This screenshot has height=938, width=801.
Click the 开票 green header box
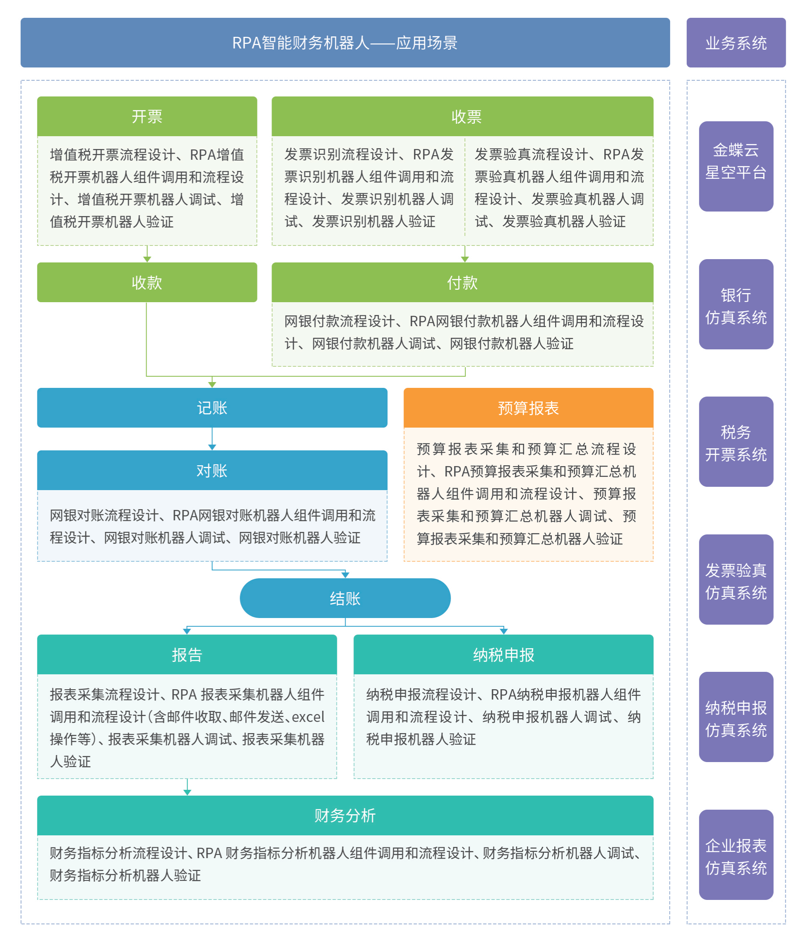(147, 116)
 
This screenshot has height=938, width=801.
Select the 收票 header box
(462, 116)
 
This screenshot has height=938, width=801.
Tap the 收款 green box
(147, 282)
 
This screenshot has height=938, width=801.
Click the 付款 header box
(462, 282)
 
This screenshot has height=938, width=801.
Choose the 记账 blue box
(212, 407)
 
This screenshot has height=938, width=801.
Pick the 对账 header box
(212, 470)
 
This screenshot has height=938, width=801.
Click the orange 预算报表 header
(528, 407)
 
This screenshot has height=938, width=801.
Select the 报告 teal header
(187, 654)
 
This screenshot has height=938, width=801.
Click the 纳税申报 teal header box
(503, 654)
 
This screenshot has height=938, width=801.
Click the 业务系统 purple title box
(735, 43)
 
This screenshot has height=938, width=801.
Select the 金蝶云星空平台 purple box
(735, 166)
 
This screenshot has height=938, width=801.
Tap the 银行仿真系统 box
(735, 304)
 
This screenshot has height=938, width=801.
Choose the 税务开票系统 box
(735, 441)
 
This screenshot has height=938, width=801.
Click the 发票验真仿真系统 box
(735, 579)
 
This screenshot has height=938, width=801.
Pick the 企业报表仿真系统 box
(735, 854)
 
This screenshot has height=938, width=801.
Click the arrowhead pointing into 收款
(147, 259)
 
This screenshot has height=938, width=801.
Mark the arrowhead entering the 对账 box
(212, 447)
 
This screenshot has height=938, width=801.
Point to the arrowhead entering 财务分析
(187, 792)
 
